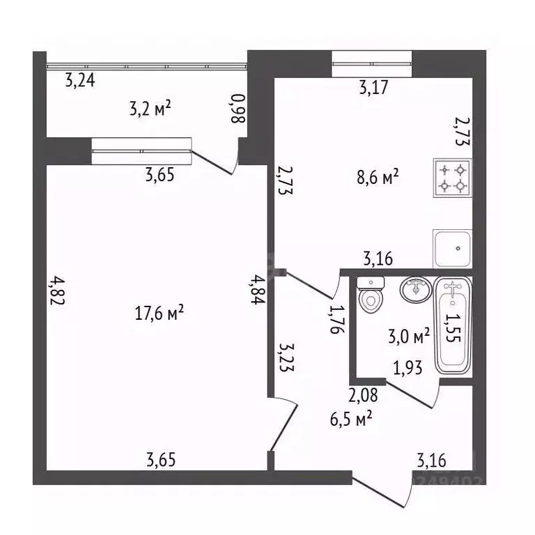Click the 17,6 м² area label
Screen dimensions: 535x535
[160, 313]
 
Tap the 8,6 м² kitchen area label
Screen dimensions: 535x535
[378, 177]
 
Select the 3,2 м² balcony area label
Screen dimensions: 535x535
[150, 108]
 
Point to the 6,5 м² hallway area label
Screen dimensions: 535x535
[351, 419]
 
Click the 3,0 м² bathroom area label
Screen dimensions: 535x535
[409, 336]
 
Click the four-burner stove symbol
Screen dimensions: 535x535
[453, 178]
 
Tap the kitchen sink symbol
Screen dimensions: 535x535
[453, 249]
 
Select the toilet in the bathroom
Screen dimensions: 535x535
[371, 295]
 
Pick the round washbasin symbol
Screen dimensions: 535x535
[416, 289]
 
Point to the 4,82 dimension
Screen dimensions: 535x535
[57, 290]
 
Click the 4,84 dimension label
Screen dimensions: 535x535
[257, 290]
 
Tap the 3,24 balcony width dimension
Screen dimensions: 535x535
[80, 81]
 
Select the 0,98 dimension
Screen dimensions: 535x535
[238, 109]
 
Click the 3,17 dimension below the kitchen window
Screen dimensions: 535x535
[374, 87]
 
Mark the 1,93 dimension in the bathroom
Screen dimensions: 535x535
[408, 368]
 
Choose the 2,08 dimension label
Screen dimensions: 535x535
[363, 395]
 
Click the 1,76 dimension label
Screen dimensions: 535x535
[337, 318]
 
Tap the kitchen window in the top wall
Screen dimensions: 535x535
[372, 64]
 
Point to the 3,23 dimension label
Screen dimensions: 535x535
[286, 357]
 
